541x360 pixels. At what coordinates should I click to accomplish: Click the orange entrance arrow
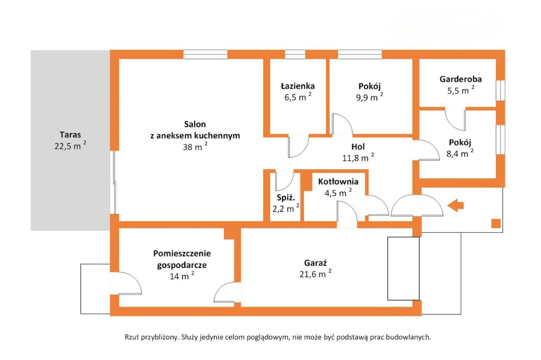455,205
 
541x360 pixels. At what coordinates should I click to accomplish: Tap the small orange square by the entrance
496,223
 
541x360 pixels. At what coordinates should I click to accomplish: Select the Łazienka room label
297,86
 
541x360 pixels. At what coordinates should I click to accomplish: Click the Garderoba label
461,79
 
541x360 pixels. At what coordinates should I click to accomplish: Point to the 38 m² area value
195,146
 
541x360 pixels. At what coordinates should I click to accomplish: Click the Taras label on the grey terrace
70,135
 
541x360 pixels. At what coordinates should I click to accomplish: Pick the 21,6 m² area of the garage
315,274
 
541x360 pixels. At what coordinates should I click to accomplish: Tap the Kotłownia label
338,182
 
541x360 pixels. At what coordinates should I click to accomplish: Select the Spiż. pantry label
286,197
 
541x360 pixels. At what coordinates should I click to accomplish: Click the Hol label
358,147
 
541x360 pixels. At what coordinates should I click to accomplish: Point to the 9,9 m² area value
369,97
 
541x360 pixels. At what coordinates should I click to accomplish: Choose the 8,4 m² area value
460,153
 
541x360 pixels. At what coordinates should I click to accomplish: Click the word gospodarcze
182,266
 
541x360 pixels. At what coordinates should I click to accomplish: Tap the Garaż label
315,263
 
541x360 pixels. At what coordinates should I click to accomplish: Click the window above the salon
206,54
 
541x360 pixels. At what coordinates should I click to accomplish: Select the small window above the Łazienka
295,54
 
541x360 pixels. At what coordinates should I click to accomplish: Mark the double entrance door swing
416,205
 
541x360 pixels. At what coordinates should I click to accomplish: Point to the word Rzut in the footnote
132,337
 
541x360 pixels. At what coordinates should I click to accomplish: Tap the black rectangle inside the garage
403,268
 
